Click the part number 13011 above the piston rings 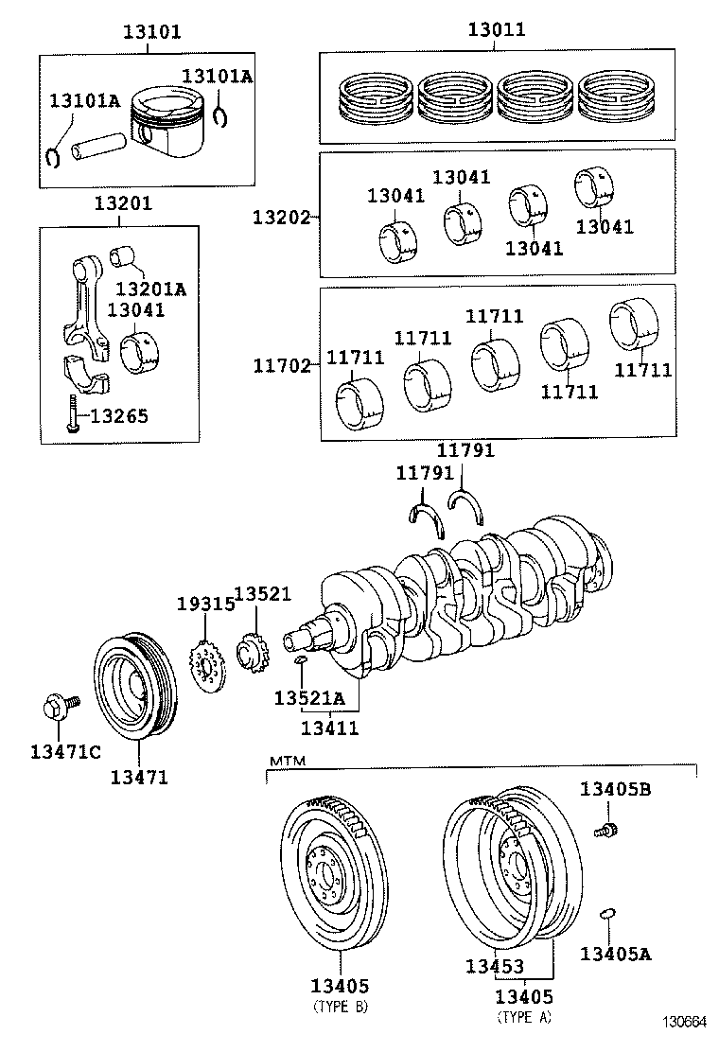coord(497,30)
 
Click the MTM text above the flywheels coord(285,761)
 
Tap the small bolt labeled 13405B coord(605,831)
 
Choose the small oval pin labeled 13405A coord(608,913)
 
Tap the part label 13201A coord(150,289)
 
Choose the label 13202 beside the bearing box coord(280,216)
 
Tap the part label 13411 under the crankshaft coord(329,728)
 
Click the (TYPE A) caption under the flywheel coord(524,1018)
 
